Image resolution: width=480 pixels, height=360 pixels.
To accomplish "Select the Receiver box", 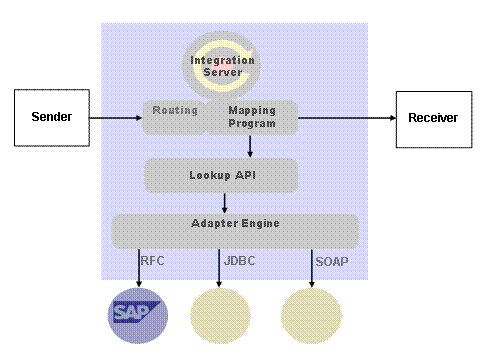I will coord(432,118).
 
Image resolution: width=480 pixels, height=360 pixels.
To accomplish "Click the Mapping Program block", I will coord(252,117).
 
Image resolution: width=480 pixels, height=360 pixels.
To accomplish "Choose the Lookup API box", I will coord(221,175).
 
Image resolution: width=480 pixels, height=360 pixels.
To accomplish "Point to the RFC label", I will coord(153,261).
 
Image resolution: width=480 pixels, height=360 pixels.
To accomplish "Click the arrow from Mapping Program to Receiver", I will coord(345,118).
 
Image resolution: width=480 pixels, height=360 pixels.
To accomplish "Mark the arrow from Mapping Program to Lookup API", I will coord(249,146).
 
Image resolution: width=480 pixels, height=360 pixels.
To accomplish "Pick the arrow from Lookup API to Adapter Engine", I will coord(224,203).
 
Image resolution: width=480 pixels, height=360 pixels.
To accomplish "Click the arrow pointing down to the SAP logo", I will coord(138,268).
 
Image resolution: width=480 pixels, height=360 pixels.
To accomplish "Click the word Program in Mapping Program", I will coord(252,124).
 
